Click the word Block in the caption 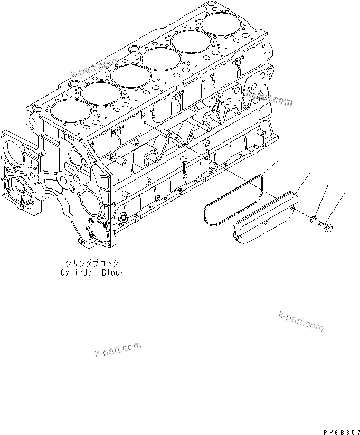(x=112, y=272)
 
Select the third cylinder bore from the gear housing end (x=130, y=74)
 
